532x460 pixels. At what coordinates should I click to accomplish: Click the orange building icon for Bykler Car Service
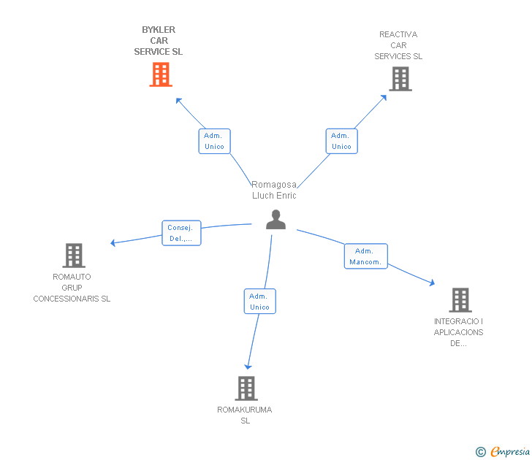[161, 74]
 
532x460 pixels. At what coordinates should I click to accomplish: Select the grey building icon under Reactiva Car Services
[400, 79]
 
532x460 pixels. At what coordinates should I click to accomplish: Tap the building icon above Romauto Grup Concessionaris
[74, 256]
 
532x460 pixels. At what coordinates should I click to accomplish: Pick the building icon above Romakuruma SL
[246, 388]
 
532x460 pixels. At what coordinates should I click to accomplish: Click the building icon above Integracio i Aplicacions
[460, 300]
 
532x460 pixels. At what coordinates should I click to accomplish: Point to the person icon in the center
[275, 220]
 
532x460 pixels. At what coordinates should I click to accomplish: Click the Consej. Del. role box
[181, 233]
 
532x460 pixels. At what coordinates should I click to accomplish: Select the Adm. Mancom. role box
[365, 256]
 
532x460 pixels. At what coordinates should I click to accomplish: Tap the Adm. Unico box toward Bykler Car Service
[214, 141]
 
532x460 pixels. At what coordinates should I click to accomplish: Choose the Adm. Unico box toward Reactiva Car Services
[342, 141]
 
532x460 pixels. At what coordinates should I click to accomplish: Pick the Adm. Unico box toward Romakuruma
[260, 302]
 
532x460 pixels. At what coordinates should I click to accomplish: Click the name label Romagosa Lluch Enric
[274, 190]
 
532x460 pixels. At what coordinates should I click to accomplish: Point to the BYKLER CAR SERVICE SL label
[159, 41]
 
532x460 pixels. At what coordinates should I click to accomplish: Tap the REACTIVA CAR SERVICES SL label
[398, 45]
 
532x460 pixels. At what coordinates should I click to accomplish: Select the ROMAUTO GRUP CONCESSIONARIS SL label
[72, 288]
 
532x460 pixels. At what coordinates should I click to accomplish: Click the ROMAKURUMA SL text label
[245, 415]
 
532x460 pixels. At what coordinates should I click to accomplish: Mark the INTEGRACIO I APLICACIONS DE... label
[458, 332]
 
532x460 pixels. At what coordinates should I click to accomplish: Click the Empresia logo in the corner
[503, 452]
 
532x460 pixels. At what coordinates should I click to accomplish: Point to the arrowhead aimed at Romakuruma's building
[248, 367]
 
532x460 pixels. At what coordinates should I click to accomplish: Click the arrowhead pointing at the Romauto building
[113, 242]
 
